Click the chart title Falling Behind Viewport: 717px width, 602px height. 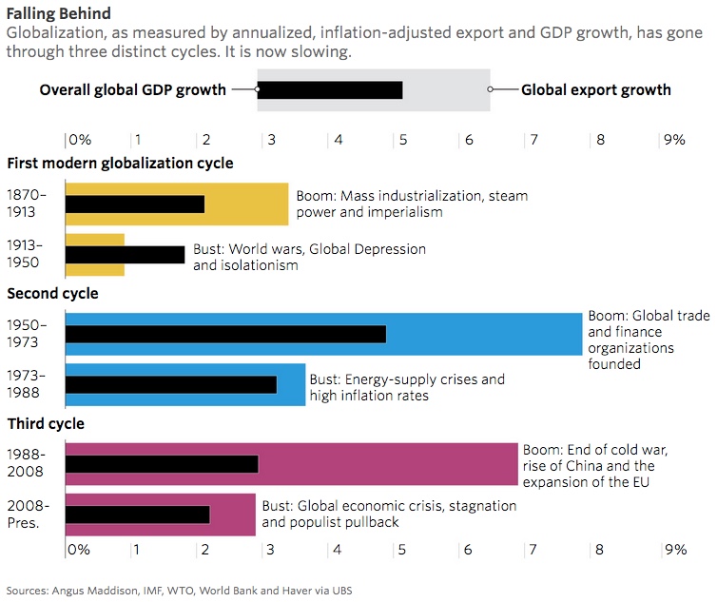(58, 13)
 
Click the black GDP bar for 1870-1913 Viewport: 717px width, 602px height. (134, 204)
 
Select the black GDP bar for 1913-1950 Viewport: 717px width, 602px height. (125, 254)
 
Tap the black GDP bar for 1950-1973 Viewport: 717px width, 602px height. (225, 334)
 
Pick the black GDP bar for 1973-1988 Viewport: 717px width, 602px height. (171, 384)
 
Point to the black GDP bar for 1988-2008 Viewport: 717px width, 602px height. (162, 463)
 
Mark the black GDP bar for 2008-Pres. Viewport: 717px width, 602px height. (138, 514)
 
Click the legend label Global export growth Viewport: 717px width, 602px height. (595, 90)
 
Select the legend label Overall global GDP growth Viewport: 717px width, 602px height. (132, 90)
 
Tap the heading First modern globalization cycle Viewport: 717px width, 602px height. (120, 163)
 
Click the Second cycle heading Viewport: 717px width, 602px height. (52, 293)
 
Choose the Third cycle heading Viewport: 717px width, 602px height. (46, 423)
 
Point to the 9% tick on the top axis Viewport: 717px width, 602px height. (674, 139)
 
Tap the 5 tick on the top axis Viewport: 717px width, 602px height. (403, 139)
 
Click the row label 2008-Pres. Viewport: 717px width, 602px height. (27, 514)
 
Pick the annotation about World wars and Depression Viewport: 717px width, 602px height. (309, 257)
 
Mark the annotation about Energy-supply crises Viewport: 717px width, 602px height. (407, 387)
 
